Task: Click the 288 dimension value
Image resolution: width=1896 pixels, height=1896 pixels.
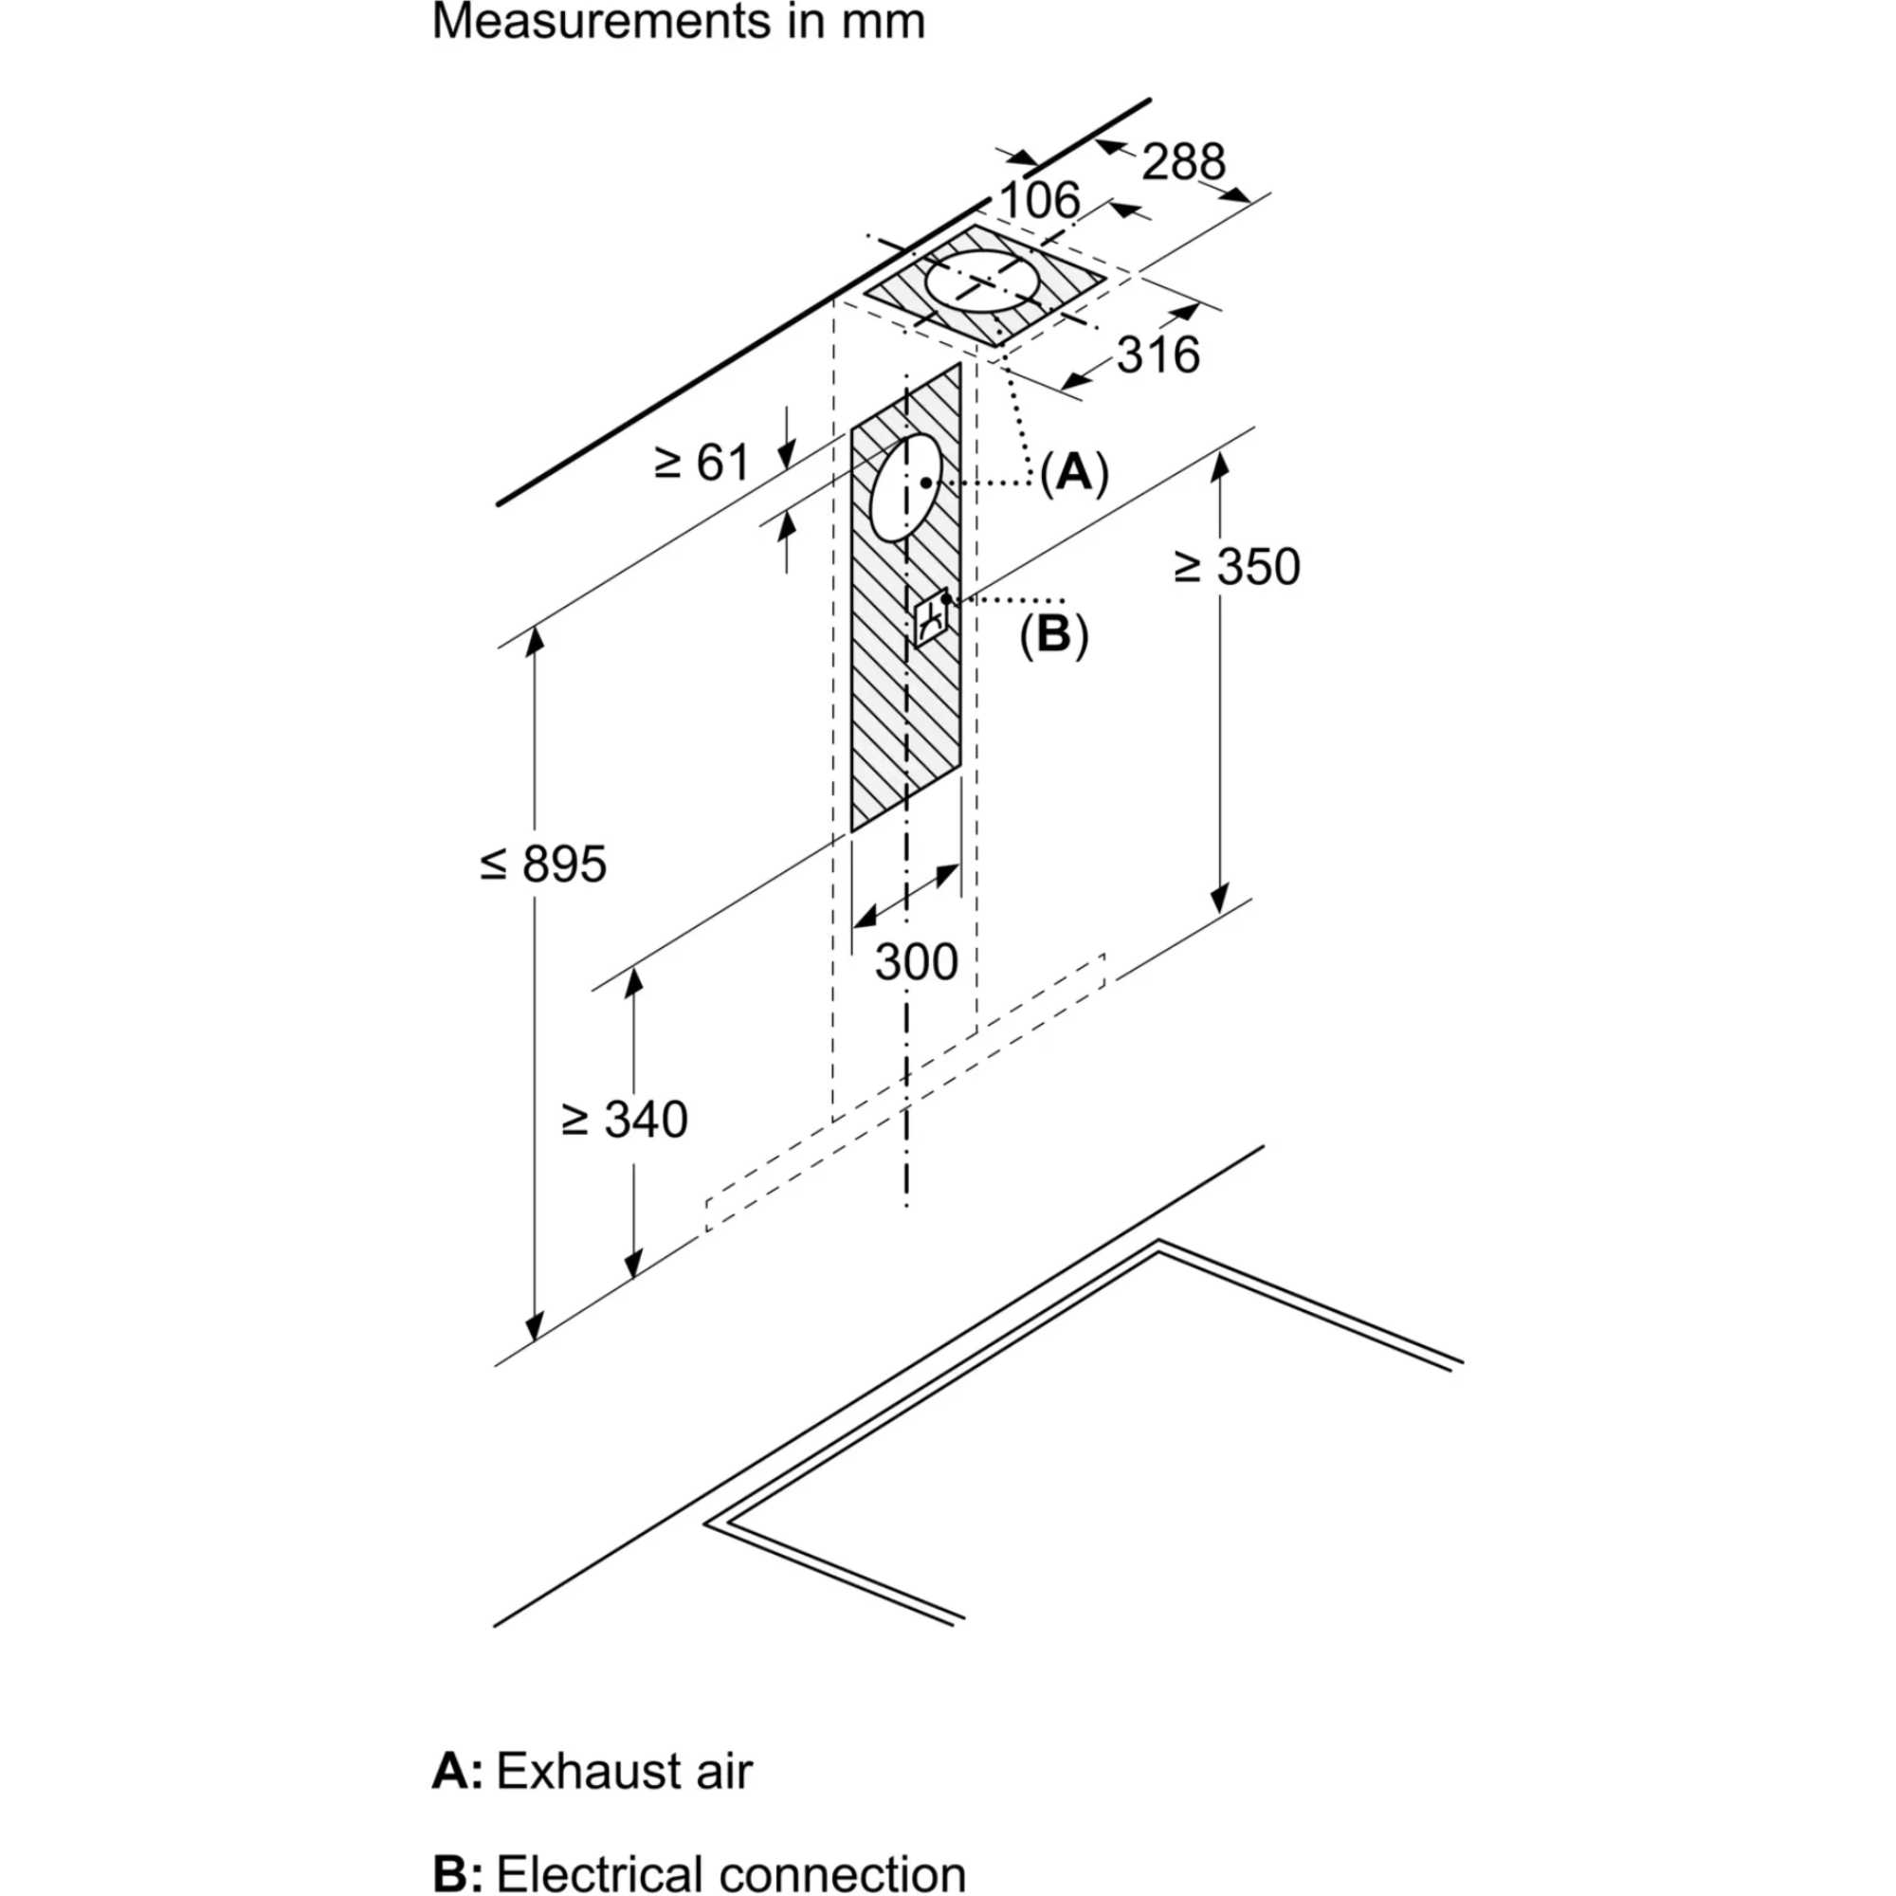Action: tap(1182, 162)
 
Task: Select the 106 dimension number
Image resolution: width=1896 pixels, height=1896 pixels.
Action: tap(1039, 201)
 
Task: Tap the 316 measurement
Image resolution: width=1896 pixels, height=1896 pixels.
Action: tap(1158, 355)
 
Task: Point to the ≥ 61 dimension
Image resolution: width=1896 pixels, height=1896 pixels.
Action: tap(702, 463)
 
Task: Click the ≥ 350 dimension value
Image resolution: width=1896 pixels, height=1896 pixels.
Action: tap(1237, 567)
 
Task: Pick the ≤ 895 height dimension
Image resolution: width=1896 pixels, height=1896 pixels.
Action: tap(543, 865)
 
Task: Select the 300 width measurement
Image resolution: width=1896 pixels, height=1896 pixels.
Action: tap(916, 963)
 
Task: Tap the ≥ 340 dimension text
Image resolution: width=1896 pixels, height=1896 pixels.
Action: tap(624, 1120)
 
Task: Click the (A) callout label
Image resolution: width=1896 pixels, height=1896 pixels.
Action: tap(1074, 474)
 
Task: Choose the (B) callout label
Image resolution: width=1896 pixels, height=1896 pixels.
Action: tap(1054, 635)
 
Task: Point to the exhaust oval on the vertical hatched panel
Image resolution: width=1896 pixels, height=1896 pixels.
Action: tap(905, 487)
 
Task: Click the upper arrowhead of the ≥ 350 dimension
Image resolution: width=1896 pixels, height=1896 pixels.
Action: tap(1219, 464)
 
